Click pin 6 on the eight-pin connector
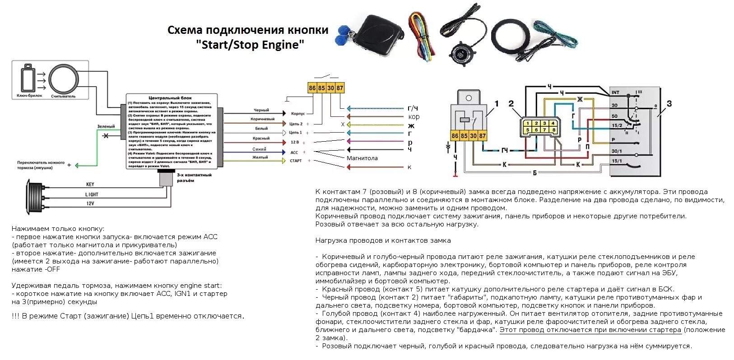tap(536, 130)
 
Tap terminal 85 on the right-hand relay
tap(464, 135)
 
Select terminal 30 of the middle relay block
tap(330, 88)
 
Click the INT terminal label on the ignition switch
tap(615, 92)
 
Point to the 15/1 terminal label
tap(617, 161)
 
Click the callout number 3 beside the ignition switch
tap(669, 104)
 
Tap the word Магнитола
tap(362, 158)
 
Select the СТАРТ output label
tap(296, 161)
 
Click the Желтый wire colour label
tap(260, 157)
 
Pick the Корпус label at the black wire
tap(298, 114)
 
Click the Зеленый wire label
tap(106, 127)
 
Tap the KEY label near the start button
tap(90, 185)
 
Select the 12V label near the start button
tap(90, 203)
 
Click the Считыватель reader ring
tap(64, 79)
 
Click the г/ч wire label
tap(413, 108)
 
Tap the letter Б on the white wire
tap(535, 173)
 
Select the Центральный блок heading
tap(170, 98)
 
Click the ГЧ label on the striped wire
tap(504, 150)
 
